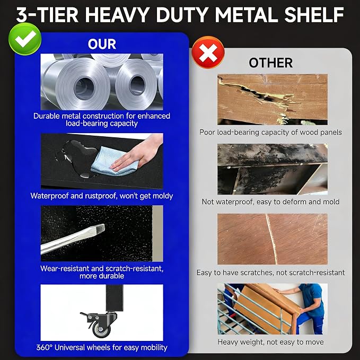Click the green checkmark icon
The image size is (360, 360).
pyautogui.click(x=25, y=39)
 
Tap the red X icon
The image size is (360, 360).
pyautogui.click(x=208, y=52)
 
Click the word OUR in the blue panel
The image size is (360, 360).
pyautogui.click(x=102, y=44)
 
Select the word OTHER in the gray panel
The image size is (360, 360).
pyautogui.click(x=271, y=63)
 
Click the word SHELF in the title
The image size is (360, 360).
pyautogui.click(x=314, y=15)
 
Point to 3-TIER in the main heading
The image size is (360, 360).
pyautogui.click(x=47, y=15)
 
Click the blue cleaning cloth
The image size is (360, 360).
pyautogui.click(x=115, y=161)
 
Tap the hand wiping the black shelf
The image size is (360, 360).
pyautogui.click(x=138, y=154)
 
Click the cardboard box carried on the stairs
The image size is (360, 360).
pyautogui.click(x=267, y=306)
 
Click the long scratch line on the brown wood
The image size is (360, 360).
pyautogui.click(x=271, y=239)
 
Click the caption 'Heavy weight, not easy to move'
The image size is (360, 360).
pyautogui.click(x=271, y=342)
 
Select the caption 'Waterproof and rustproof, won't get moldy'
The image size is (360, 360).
pyautogui.click(x=102, y=196)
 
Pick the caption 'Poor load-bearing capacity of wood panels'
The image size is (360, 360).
pyautogui.click(x=271, y=132)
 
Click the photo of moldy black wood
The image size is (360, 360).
pyautogui.click(x=273, y=169)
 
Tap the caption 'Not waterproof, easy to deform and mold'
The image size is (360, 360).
pyautogui.click(x=271, y=202)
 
